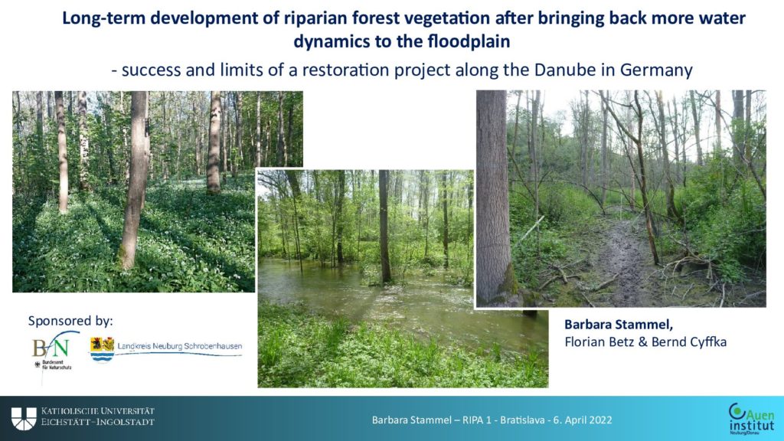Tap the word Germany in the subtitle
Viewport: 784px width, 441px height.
point(656,70)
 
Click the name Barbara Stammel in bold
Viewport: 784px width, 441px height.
point(619,325)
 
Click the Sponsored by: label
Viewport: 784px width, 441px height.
point(70,321)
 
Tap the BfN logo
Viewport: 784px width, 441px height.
point(54,350)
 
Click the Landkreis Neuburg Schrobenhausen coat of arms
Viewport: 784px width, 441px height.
point(102,349)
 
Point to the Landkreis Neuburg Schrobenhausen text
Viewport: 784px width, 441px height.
point(179,346)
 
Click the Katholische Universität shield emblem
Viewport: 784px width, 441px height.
point(24,419)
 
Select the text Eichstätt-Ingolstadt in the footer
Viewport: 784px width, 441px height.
point(97,422)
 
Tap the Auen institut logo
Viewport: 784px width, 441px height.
point(752,419)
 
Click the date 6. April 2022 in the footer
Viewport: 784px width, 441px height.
point(583,420)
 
